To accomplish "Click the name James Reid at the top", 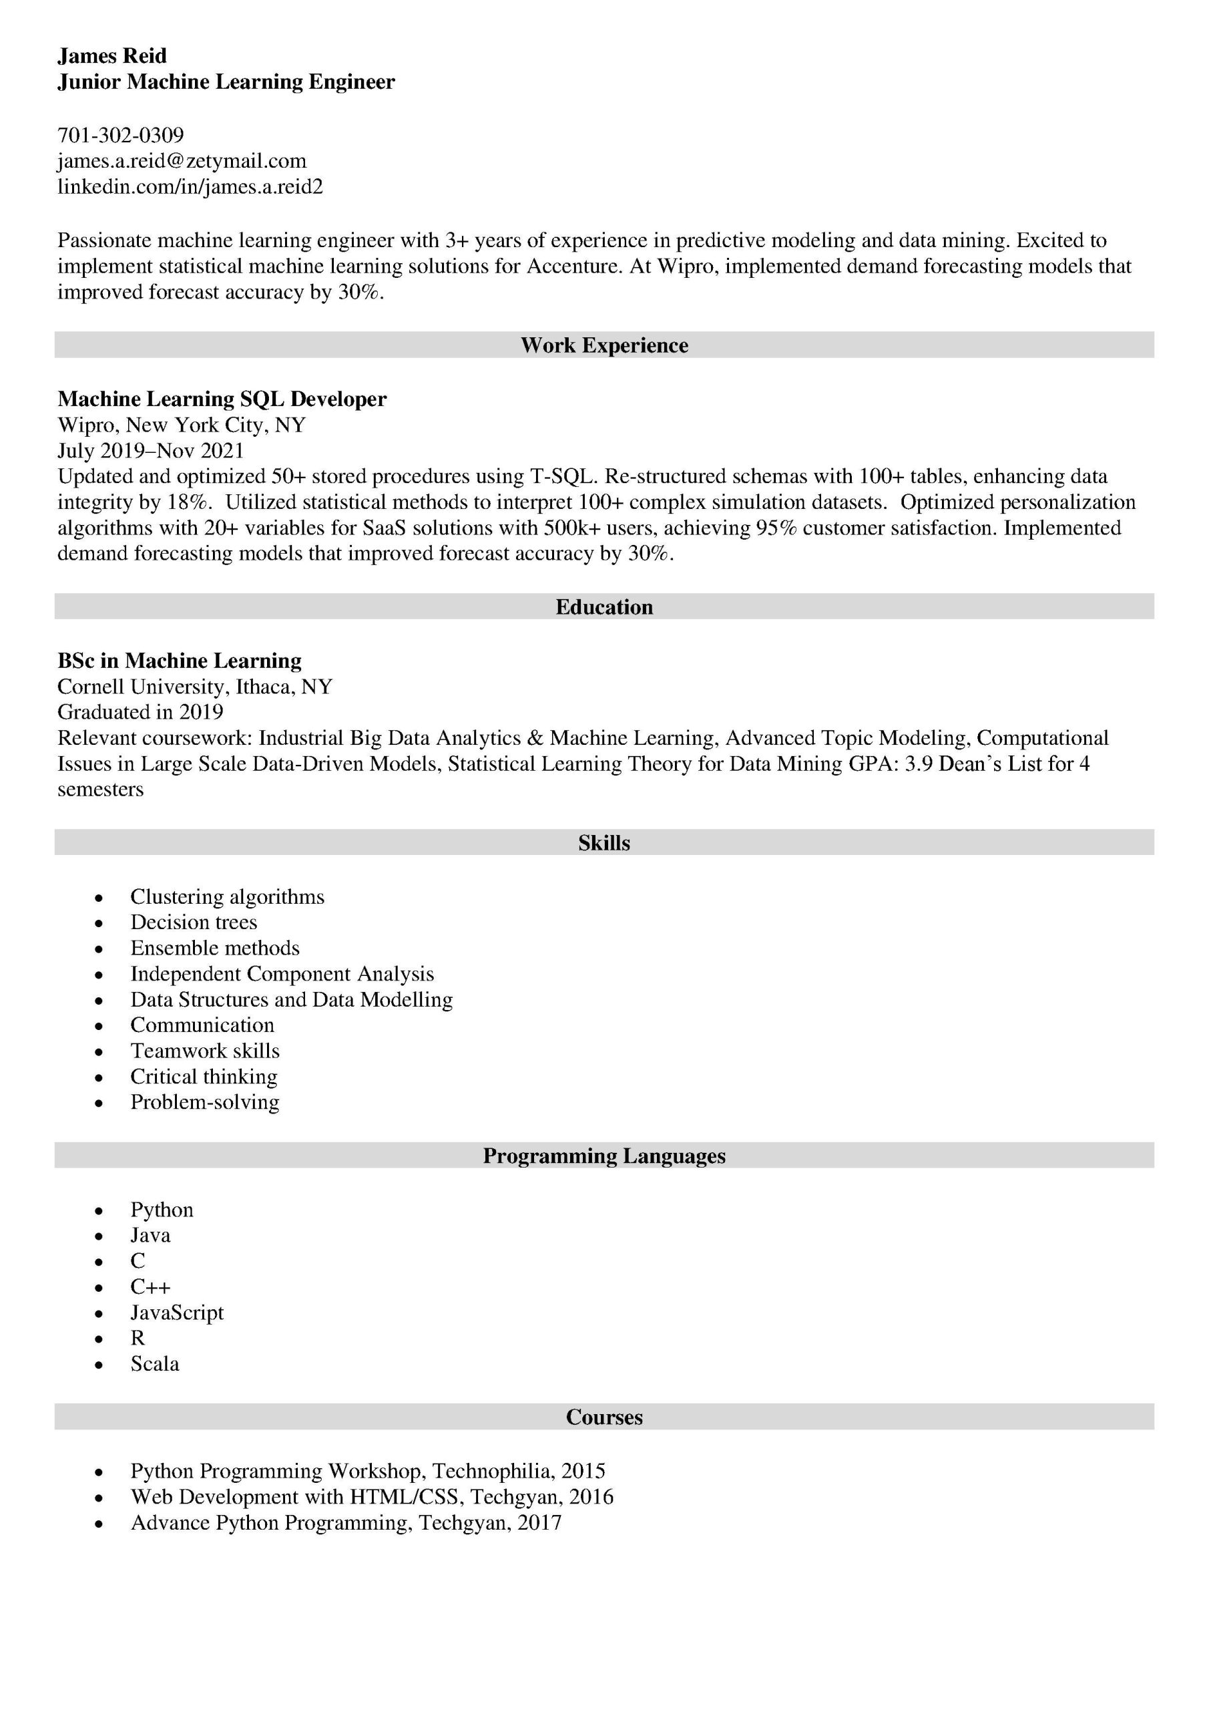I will point(111,56).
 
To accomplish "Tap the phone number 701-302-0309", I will point(121,136).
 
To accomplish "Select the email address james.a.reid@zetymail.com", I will point(182,161).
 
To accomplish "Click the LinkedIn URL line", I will point(190,186).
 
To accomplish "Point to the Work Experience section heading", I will point(603,345).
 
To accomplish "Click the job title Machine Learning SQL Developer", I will point(222,399).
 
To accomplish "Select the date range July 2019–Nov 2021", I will point(150,451).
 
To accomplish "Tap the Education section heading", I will point(603,607).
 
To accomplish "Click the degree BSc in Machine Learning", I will point(180,661).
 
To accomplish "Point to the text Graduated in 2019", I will point(140,712).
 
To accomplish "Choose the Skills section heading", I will point(603,843).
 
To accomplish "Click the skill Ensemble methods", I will point(214,948).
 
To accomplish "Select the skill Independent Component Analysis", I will point(282,974).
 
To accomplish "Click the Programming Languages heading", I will point(603,1156).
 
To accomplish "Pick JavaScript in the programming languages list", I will point(176,1313).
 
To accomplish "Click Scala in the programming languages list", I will point(155,1364).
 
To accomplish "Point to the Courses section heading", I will point(603,1417).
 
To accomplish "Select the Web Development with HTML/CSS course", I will point(371,1497).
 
